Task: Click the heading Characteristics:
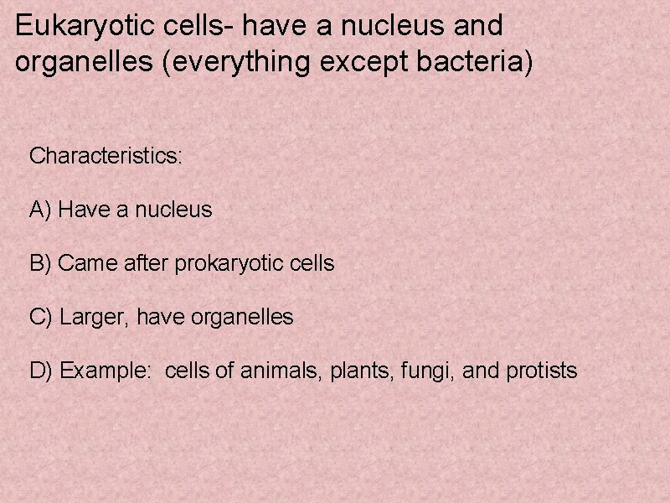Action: coord(106,156)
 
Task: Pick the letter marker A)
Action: coord(41,210)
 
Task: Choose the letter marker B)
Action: coord(41,263)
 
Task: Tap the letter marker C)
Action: coord(42,317)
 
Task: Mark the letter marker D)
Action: coord(42,371)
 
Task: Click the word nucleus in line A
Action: coord(173,210)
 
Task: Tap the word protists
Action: coord(542,371)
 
